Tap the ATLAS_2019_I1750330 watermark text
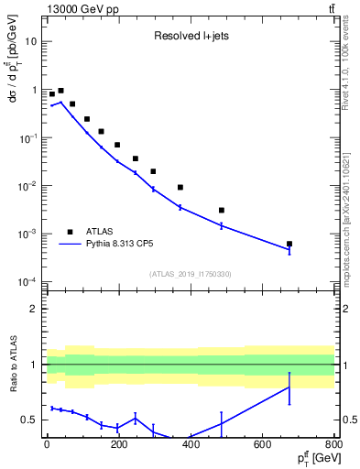click(x=190, y=274)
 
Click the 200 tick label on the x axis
click(x=118, y=445)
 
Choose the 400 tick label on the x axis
click(x=191, y=445)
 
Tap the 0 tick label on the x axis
click(x=47, y=445)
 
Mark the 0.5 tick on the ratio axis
click(x=31, y=420)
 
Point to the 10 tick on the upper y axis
click(x=32, y=42)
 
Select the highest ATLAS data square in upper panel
click(x=60, y=91)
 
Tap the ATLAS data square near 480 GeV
click(x=221, y=210)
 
